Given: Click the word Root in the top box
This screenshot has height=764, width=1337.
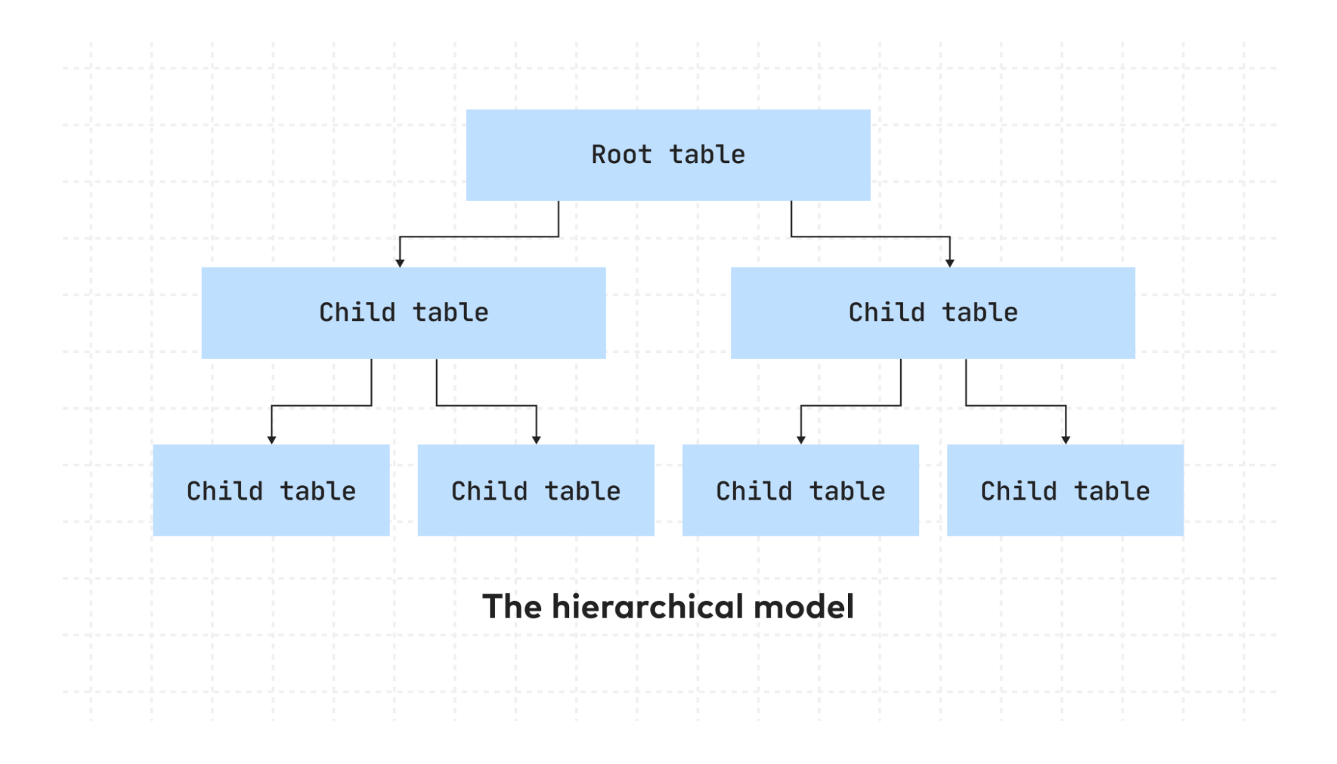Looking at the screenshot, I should (x=621, y=155).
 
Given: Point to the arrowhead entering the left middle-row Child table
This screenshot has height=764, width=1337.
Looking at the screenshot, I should (x=400, y=263).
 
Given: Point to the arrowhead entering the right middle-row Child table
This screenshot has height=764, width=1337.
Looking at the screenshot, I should (x=950, y=263).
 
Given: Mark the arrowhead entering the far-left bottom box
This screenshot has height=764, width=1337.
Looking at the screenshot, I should (x=272, y=440).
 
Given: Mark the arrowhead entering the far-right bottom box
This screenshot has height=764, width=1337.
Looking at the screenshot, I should (x=1065, y=440).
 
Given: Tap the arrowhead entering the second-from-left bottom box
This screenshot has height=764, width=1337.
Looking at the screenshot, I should (x=536, y=440).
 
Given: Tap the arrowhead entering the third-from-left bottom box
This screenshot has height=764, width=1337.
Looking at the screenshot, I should (x=801, y=440).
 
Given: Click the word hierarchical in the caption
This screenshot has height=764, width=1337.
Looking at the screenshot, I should (x=648, y=607).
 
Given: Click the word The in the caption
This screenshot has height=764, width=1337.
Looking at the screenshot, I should (x=512, y=607).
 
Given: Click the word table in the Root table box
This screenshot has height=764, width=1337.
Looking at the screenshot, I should (x=707, y=155).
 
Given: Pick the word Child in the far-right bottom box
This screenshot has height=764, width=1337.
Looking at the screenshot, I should (x=1018, y=491).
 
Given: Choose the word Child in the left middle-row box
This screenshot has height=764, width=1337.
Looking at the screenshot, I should (x=356, y=313).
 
